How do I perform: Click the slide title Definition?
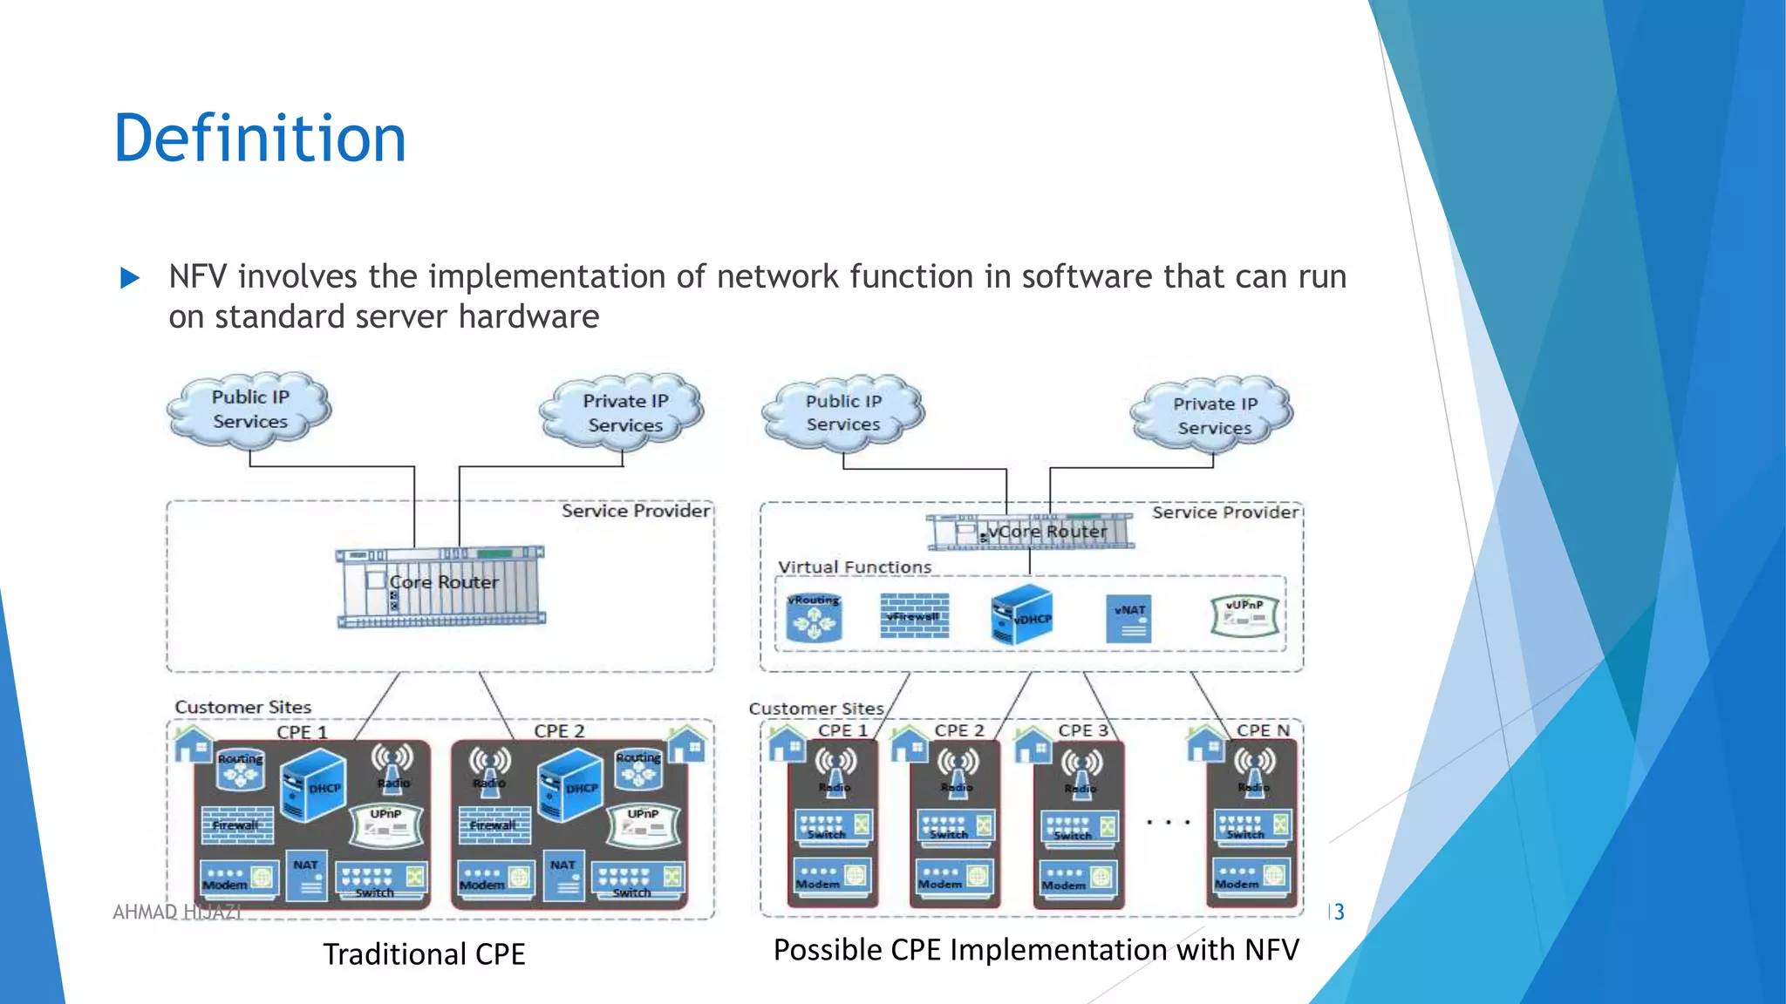click(260, 139)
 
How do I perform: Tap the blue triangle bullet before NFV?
click(130, 278)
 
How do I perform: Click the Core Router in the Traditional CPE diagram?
click(441, 587)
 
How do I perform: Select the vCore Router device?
click(1030, 532)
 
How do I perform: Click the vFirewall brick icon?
click(914, 616)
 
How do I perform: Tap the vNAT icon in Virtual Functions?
click(1128, 619)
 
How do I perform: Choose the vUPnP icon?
click(1244, 615)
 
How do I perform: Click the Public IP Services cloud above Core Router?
click(250, 409)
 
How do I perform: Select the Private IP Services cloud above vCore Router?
click(1214, 415)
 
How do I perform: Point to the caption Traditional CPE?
click(424, 954)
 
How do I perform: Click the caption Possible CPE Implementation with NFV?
click(1036, 949)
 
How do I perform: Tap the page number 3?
click(1338, 912)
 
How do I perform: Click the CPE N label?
click(1262, 730)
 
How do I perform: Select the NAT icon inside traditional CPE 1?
click(307, 875)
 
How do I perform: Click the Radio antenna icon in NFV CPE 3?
click(1081, 769)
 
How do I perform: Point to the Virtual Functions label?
click(855, 567)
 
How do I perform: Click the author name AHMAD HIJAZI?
click(177, 912)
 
